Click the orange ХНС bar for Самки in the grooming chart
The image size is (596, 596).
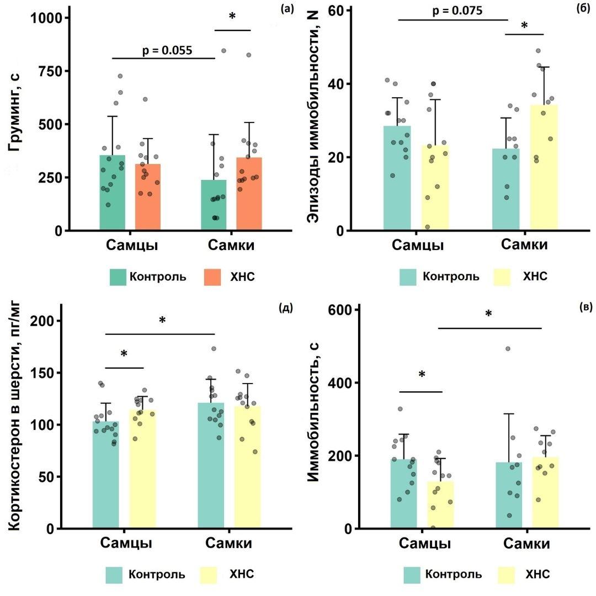pyautogui.click(x=249, y=194)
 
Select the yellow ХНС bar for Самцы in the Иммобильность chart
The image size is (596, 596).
pyautogui.click(x=440, y=504)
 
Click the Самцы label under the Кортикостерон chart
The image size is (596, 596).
pyautogui.click(x=126, y=543)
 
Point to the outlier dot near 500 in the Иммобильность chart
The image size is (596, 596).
pyautogui.click(x=508, y=349)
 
